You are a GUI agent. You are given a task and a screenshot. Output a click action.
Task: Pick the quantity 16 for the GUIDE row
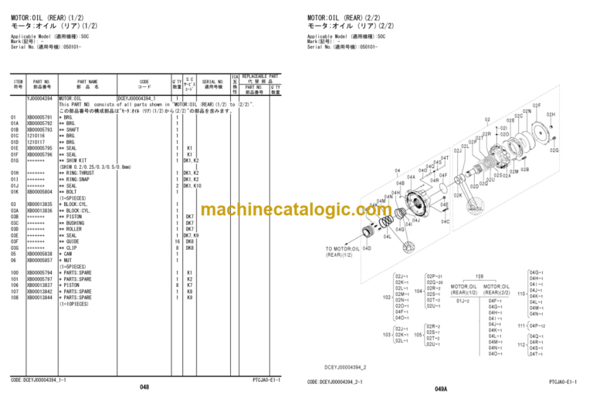click(x=177, y=241)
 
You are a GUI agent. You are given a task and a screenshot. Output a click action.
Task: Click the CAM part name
click(x=69, y=254)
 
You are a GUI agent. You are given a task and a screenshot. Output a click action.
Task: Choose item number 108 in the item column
click(x=15, y=297)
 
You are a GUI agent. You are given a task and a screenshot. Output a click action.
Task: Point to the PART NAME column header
click(x=87, y=84)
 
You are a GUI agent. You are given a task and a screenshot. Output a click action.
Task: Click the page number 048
click(x=144, y=387)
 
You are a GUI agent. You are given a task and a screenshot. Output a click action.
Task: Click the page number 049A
click(x=441, y=389)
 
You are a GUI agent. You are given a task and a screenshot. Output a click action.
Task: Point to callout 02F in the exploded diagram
click(x=537, y=105)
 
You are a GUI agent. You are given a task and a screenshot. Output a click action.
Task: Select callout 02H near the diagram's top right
click(x=551, y=114)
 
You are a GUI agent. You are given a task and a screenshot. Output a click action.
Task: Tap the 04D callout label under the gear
click(x=367, y=248)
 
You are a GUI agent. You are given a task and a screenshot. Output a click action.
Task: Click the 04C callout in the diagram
click(x=445, y=221)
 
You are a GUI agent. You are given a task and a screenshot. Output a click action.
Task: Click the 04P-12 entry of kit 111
click(x=537, y=326)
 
